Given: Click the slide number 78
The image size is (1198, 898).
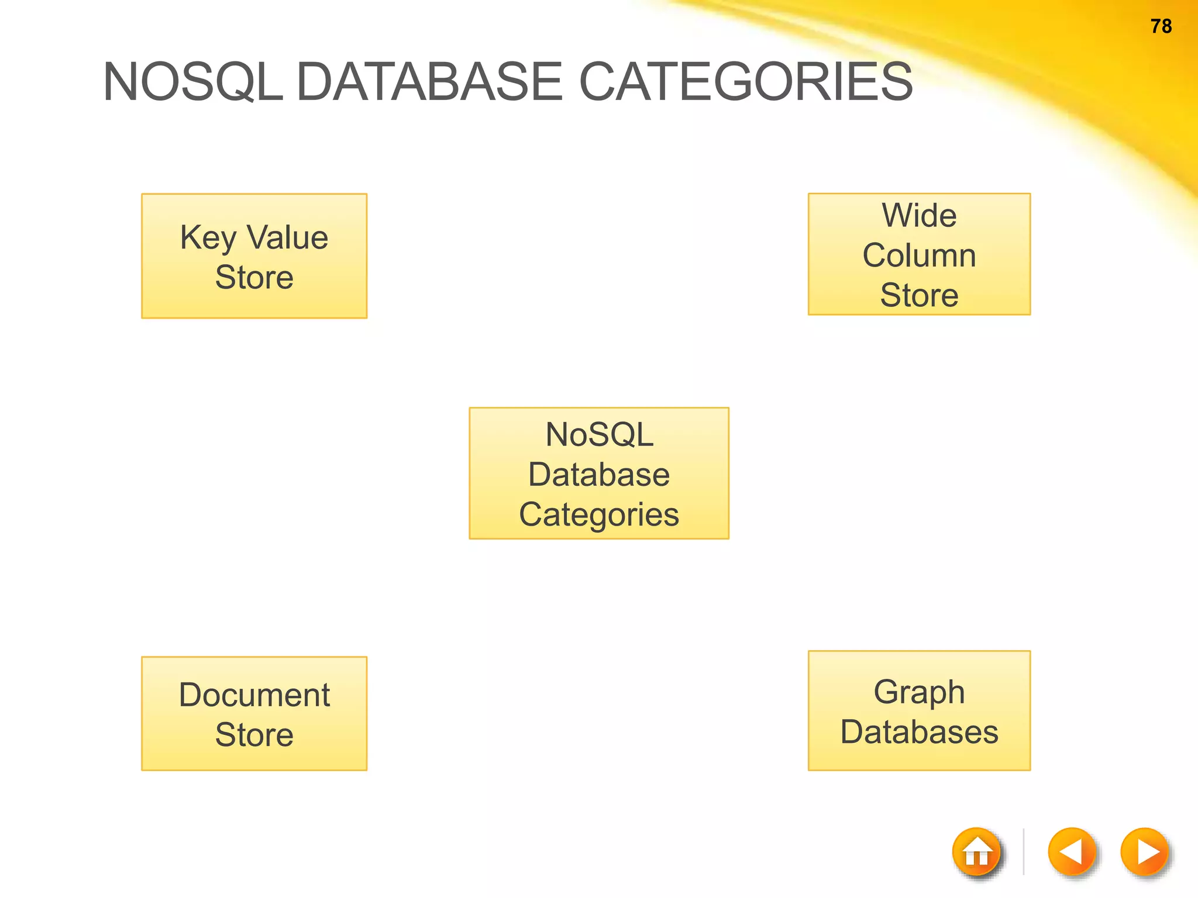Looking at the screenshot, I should [1161, 26].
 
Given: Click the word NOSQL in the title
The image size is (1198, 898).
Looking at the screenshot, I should [192, 82].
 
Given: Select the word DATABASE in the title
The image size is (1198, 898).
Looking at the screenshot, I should [430, 82].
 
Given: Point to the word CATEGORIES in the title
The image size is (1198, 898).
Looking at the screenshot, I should [745, 82].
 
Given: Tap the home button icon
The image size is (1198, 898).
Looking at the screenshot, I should [976, 852].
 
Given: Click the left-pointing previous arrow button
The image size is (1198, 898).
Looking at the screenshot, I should [1072, 852].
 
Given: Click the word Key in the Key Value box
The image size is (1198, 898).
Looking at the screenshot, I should [208, 238].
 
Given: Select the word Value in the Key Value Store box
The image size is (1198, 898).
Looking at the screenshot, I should [287, 237].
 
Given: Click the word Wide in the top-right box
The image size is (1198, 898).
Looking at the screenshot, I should [919, 215].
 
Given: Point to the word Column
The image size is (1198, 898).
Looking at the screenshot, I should [919, 255].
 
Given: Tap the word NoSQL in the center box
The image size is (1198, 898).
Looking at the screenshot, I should [599, 435].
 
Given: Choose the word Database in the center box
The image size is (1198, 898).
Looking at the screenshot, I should [599, 474].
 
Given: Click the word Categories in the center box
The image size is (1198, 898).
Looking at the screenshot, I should [599, 514].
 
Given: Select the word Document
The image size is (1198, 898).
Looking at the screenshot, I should [254, 695].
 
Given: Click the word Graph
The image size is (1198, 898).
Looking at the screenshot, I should [919, 693].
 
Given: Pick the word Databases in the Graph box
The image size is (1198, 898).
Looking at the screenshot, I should [919, 732].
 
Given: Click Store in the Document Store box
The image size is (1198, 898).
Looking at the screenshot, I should [254, 735].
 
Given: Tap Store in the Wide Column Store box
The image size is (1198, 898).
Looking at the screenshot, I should [919, 295].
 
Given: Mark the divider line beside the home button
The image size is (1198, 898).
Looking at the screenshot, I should [1024, 852].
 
